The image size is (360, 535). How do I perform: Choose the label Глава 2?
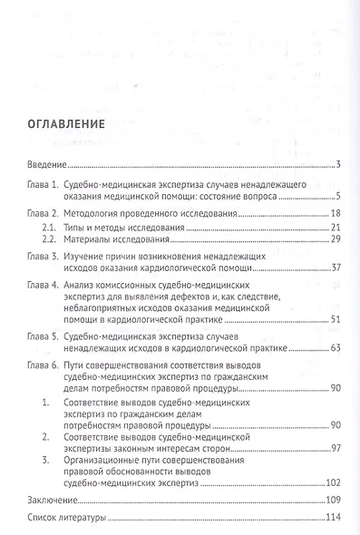click(x=40, y=214)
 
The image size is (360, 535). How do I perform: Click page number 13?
click(x=335, y=214)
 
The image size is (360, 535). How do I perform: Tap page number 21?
click(x=335, y=227)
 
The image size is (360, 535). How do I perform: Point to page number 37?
click(x=335, y=269)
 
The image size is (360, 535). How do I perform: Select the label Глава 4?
click(x=40, y=283)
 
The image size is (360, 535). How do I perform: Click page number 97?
click(x=335, y=448)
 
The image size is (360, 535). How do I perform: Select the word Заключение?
click(x=48, y=499)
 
